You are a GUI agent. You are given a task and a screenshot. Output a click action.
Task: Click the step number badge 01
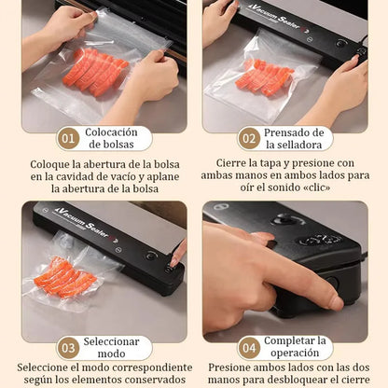tap(68, 139)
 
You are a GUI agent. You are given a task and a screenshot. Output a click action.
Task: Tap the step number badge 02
tap(248, 139)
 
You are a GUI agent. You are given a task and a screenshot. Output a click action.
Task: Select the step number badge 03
tap(68, 348)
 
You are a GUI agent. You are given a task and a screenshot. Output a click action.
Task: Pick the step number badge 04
tap(248, 348)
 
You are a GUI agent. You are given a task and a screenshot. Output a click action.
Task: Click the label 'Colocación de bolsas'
tap(111, 139)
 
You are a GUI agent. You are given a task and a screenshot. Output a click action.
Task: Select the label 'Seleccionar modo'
tap(111, 348)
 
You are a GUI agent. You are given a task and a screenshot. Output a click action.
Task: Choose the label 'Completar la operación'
tap(295, 348)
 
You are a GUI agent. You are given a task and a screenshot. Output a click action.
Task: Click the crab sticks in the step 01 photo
tap(93, 68)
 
